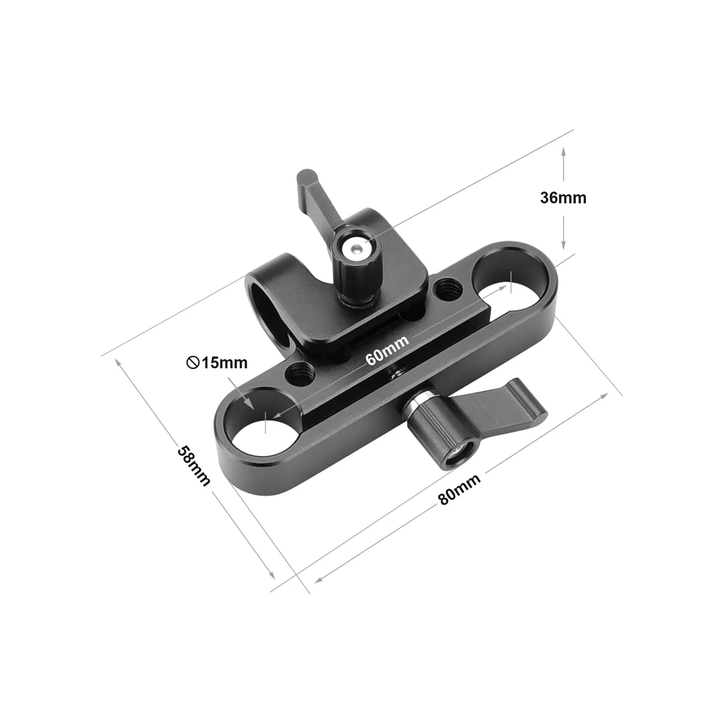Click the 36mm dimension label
click(x=563, y=198)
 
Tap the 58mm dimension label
click(x=194, y=466)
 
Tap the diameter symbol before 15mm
click(x=193, y=362)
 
